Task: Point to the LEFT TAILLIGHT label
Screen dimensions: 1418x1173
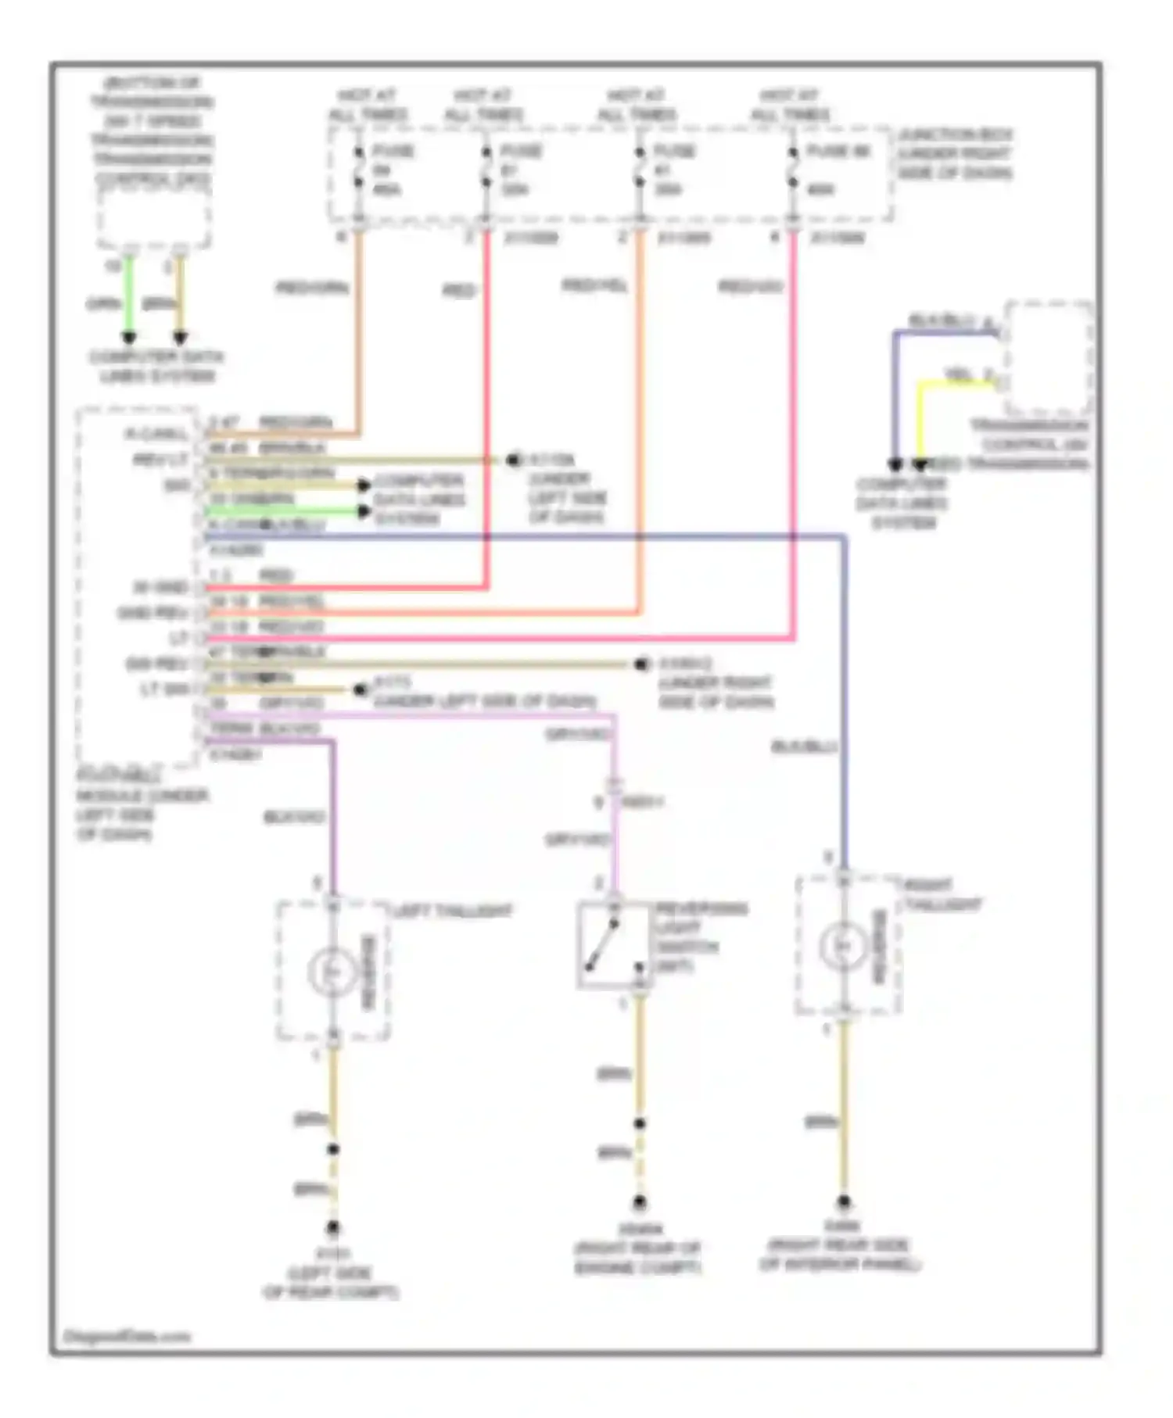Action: click(x=452, y=911)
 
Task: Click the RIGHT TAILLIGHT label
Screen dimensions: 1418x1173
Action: click(x=942, y=896)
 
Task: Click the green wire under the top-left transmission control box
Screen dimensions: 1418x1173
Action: click(x=130, y=297)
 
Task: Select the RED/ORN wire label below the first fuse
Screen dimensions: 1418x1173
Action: click(x=311, y=288)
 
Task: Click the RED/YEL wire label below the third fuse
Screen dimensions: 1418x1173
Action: click(x=594, y=286)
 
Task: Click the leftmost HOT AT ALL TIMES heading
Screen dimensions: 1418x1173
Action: click(x=367, y=105)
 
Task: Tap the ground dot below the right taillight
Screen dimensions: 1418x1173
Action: click(x=843, y=1202)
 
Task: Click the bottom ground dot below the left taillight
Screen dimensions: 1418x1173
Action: click(x=333, y=1228)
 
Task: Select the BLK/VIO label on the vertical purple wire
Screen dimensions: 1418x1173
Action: click(x=294, y=818)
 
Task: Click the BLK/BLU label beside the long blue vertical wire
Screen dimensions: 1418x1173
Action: click(x=804, y=747)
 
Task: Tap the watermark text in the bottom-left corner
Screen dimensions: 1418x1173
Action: click(x=126, y=1337)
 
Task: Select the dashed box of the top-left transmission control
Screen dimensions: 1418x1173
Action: click(x=154, y=219)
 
